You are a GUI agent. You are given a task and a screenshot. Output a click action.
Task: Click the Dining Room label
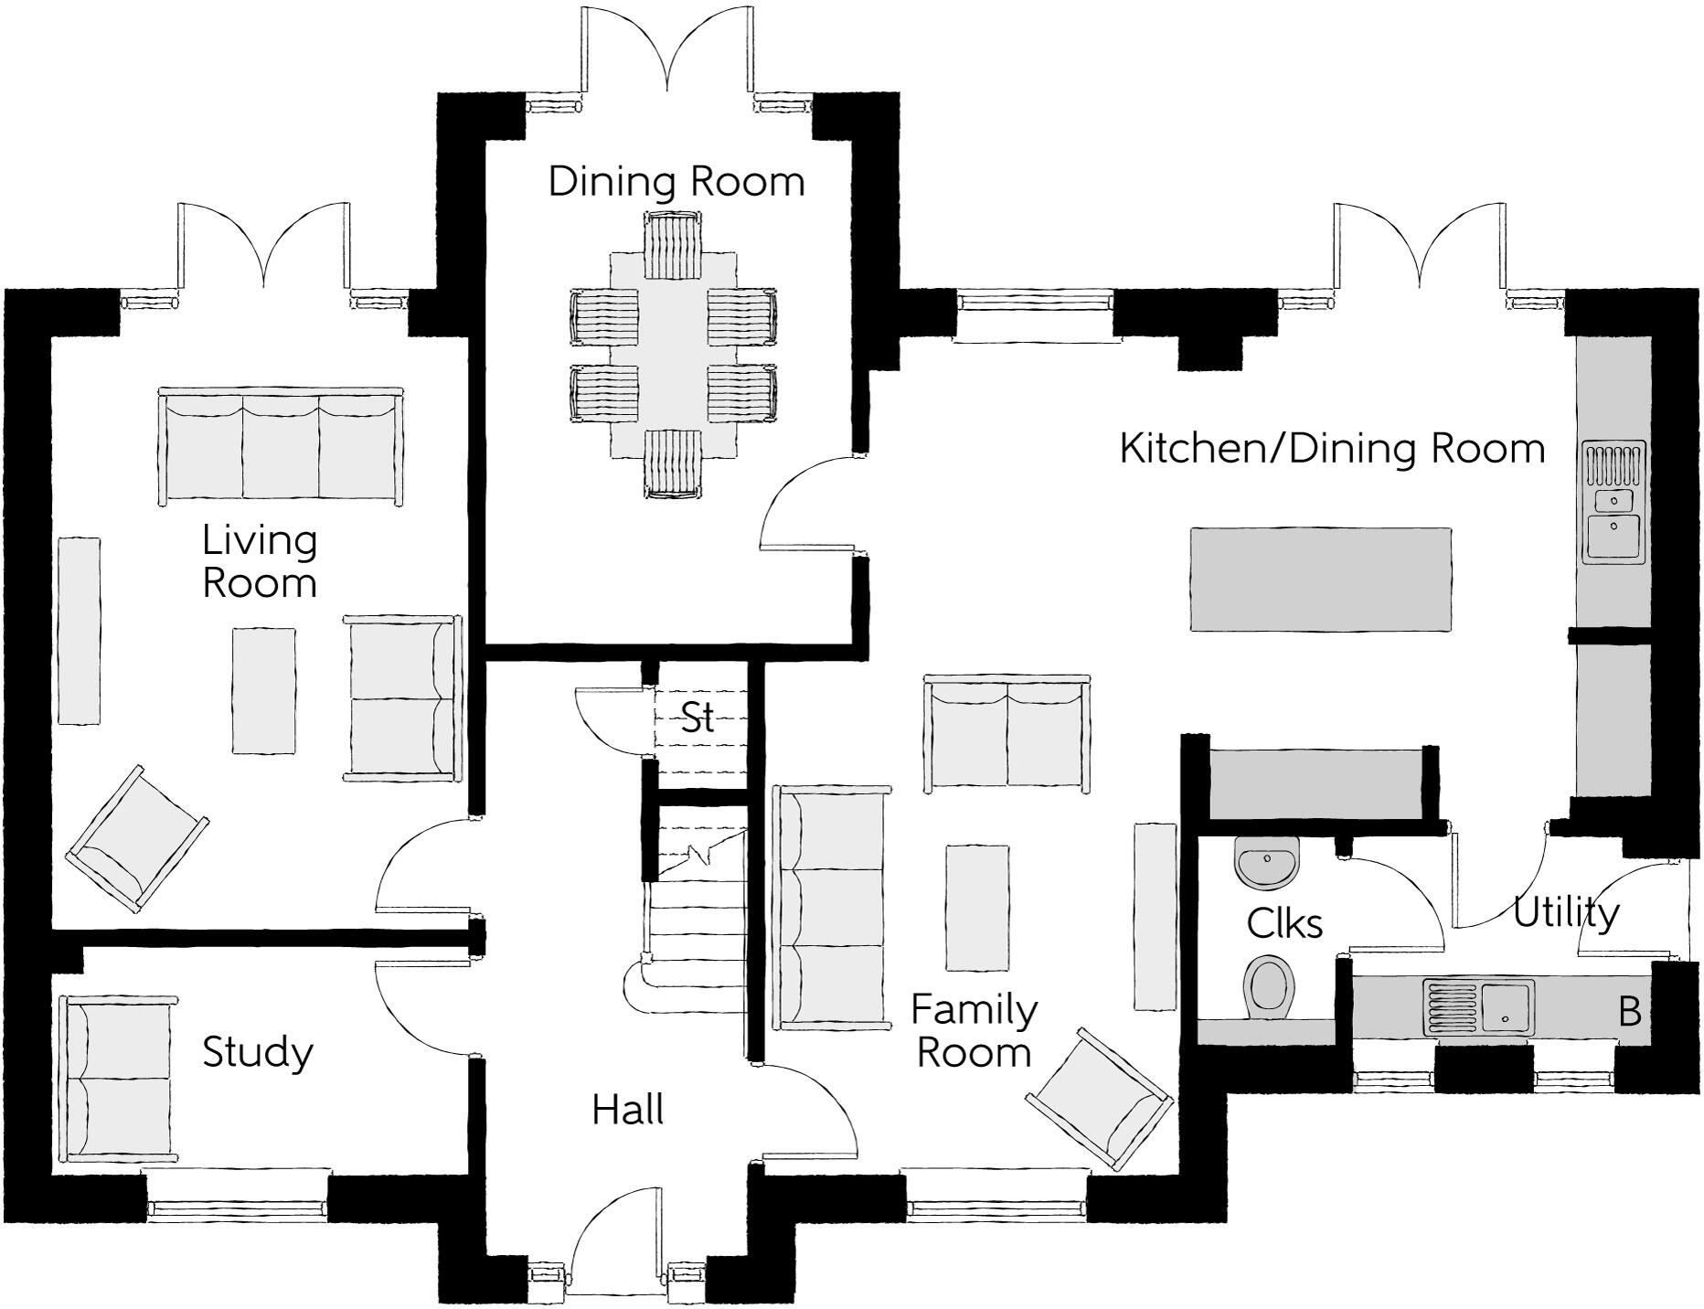click(676, 181)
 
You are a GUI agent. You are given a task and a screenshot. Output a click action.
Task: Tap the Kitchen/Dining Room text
click(1332, 449)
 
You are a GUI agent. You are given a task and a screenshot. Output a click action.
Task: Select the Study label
click(257, 1052)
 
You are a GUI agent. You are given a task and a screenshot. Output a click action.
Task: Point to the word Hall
click(627, 1111)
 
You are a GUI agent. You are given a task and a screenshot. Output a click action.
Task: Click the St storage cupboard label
click(698, 718)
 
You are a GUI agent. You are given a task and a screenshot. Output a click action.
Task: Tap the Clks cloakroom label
click(1283, 924)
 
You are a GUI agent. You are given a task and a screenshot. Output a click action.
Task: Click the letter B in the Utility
click(1629, 1013)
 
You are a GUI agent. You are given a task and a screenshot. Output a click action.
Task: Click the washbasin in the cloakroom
click(1265, 862)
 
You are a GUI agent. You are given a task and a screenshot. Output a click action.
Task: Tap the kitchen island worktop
click(1320, 579)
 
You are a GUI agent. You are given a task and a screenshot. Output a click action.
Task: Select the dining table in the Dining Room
click(673, 357)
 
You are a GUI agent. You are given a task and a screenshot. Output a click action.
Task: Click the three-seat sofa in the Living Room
click(281, 445)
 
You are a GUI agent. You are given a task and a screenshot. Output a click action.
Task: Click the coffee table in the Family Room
click(977, 907)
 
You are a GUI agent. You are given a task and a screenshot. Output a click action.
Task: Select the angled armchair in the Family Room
click(1100, 1099)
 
